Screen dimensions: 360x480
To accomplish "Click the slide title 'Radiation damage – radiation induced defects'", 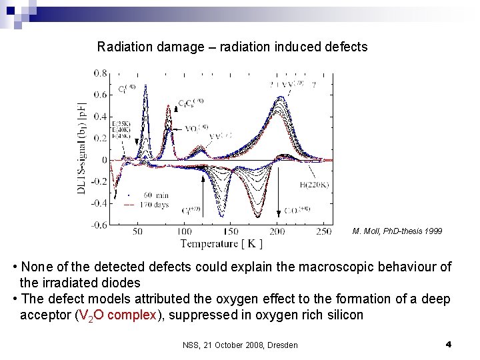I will pyautogui.click(x=232, y=47).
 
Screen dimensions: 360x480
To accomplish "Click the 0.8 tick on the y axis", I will pyautogui.click(x=101, y=72).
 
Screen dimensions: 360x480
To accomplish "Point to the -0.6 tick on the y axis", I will pyautogui.click(x=99, y=225).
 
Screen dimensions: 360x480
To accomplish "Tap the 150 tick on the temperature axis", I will pyautogui.click(x=231, y=231).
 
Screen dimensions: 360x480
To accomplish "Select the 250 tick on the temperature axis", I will pyautogui.click(x=323, y=231).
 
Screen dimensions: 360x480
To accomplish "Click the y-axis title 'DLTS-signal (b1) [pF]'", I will pyautogui.click(x=83, y=148).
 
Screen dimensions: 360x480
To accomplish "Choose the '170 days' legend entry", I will pyautogui.click(x=152, y=204).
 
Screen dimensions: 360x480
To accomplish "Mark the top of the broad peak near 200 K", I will pyautogui.click(x=280, y=98).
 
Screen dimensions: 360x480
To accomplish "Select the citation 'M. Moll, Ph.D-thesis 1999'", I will pyautogui.click(x=397, y=231).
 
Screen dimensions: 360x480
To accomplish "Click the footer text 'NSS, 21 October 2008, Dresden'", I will pyautogui.click(x=240, y=345).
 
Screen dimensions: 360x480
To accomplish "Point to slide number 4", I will pyautogui.click(x=449, y=345).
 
